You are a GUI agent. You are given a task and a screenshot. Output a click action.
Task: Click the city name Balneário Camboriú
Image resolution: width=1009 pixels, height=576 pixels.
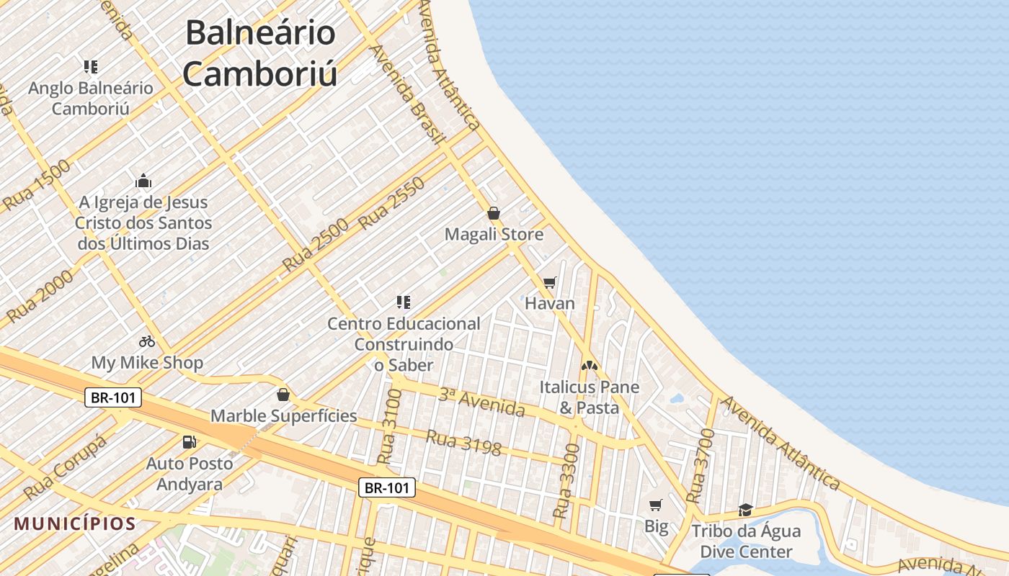coord(261,53)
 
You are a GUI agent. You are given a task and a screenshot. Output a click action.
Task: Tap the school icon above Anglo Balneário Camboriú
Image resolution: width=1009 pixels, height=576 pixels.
coord(91,67)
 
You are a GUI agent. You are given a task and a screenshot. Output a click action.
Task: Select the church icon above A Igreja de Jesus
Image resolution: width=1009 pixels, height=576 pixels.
coord(143,180)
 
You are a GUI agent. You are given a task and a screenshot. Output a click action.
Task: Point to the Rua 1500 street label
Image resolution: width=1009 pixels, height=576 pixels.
coord(37,185)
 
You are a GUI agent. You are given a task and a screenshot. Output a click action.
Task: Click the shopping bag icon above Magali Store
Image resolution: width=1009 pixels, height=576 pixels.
coord(494,213)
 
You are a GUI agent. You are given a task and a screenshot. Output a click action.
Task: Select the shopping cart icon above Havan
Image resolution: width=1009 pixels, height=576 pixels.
coord(550,282)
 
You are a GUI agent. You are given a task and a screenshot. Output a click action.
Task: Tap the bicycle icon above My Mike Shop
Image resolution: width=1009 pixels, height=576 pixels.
coord(147,341)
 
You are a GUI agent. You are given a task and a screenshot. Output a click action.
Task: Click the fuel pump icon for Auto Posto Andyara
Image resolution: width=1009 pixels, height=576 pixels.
coord(190,441)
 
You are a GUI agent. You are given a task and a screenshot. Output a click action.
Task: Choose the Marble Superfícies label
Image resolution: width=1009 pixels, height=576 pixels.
coord(283,415)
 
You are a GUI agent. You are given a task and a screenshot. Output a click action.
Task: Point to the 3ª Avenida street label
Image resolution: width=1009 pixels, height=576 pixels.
coord(481,402)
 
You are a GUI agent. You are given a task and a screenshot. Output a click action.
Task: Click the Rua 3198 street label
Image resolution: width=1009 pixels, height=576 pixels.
coord(463,442)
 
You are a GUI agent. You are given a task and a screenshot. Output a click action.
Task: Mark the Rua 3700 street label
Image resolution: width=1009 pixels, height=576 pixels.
coord(700,466)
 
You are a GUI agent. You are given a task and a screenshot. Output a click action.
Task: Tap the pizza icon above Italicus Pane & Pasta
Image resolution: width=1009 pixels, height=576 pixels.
coord(590,366)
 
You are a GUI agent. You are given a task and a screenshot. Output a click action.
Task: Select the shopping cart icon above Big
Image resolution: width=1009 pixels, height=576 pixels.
coord(656,505)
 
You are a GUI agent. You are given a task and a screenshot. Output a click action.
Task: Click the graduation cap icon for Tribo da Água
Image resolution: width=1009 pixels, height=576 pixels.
coord(745,510)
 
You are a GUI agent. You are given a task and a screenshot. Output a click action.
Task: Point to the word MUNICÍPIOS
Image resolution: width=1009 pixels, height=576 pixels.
coord(75,523)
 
